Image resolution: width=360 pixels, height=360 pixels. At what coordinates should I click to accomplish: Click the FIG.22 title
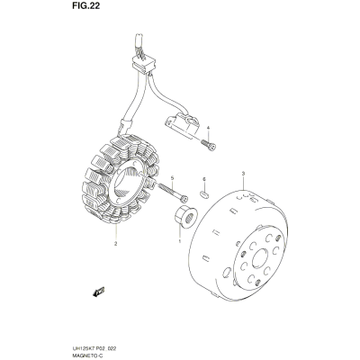tap(85, 6)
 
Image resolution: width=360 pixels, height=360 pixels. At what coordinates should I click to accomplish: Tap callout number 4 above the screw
tap(208, 128)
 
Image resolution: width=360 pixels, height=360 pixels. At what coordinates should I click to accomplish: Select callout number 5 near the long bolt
tap(172, 178)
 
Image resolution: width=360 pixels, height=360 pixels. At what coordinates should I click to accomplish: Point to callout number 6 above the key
tap(204, 179)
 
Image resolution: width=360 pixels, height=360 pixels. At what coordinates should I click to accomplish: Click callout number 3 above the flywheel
tap(243, 174)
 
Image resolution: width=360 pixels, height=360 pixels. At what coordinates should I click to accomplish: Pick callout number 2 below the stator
tap(115, 244)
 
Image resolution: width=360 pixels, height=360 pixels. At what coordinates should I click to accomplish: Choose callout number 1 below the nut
tap(180, 241)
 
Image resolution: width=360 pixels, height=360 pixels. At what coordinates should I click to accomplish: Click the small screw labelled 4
tap(209, 144)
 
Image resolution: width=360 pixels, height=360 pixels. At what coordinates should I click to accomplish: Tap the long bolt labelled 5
tap(172, 192)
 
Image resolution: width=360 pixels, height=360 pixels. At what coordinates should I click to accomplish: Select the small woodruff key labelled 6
tap(203, 194)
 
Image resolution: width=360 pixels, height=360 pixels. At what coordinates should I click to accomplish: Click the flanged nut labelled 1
tap(185, 217)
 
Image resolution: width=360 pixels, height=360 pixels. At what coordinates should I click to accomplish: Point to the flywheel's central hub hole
tap(260, 259)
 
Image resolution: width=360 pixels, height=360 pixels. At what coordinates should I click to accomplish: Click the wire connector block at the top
tap(144, 65)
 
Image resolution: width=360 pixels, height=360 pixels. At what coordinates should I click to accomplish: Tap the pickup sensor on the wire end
tap(181, 124)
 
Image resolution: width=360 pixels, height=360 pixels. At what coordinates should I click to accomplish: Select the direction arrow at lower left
tap(99, 292)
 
